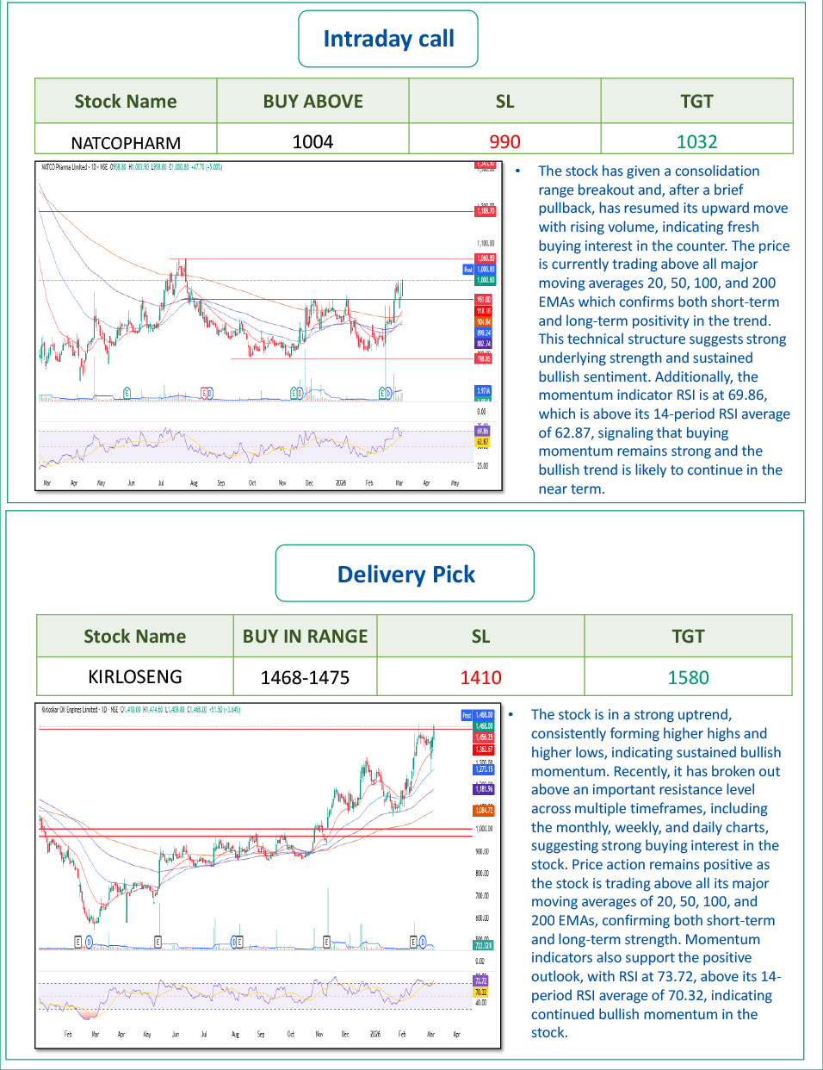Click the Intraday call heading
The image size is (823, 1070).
(388, 39)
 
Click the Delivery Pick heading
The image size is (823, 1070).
(405, 575)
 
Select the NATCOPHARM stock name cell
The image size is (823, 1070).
(126, 142)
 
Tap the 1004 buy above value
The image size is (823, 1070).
(312, 141)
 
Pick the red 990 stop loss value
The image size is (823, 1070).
(504, 141)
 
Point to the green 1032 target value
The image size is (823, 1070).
(696, 141)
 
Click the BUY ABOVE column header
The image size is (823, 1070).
(312, 102)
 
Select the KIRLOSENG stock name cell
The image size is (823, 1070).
(134, 676)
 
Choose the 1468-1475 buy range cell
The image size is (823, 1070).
(305, 677)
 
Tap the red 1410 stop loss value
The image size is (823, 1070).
(480, 677)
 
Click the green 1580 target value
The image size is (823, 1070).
(688, 677)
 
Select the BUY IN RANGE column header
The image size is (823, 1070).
(305, 637)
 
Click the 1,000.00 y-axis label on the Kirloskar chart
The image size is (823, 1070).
(484, 829)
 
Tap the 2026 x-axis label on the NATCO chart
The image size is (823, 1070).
(341, 483)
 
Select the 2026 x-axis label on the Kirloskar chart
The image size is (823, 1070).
(374, 1034)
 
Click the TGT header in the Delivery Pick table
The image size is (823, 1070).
(688, 637)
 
